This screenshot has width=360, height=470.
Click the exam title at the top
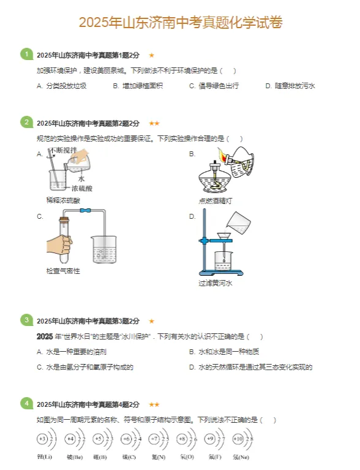(180, 23)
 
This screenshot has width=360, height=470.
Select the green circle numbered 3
(26, 320)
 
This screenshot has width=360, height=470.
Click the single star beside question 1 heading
(152, 55)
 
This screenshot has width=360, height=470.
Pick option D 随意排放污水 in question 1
(290, 86)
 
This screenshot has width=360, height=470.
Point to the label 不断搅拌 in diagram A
(63, 150)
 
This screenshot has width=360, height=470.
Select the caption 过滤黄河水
(216, 283)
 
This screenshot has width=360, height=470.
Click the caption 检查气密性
(63, 270)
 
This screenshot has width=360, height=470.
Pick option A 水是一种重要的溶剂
(71, 352)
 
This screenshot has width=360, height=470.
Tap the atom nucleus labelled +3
(42, 439)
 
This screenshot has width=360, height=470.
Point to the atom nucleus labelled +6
(126, 439)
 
